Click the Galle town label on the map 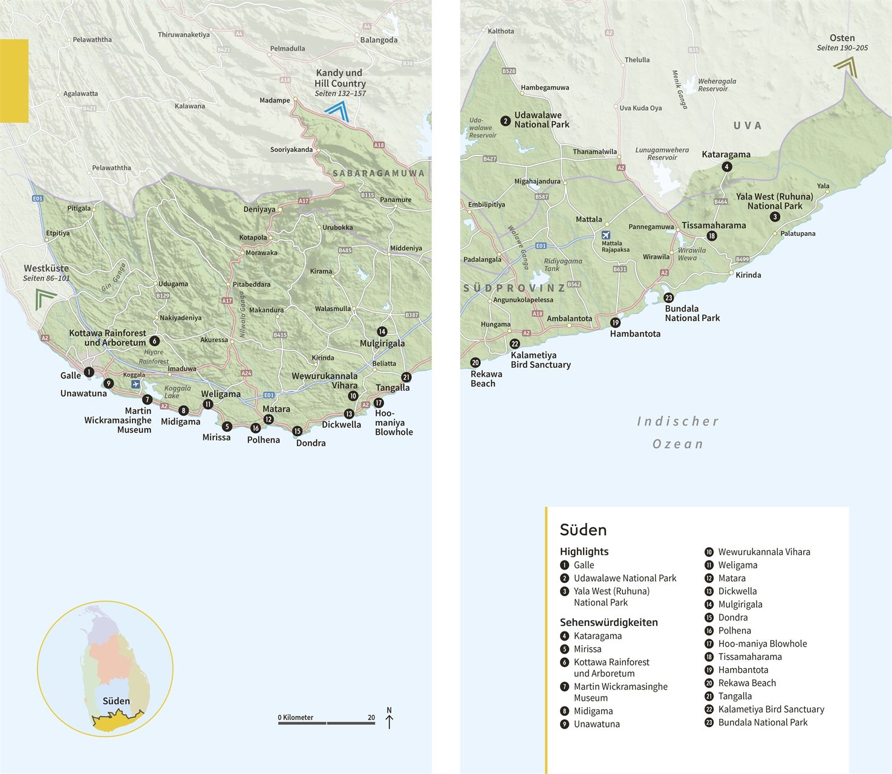(71, 376)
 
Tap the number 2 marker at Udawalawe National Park (506, 121)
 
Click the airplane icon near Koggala (135, 385)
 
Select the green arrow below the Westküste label (45, 298)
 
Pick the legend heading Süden (583, 530)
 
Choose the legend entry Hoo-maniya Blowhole (762, 644)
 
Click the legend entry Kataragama (597, 636)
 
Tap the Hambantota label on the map (635, 334)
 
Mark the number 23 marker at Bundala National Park (668, 298)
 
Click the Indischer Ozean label (678, 432)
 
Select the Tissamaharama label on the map (714, 226)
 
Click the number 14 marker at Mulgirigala (382, 331)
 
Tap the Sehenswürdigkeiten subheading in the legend (608, 622)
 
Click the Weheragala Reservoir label (717, 85)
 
